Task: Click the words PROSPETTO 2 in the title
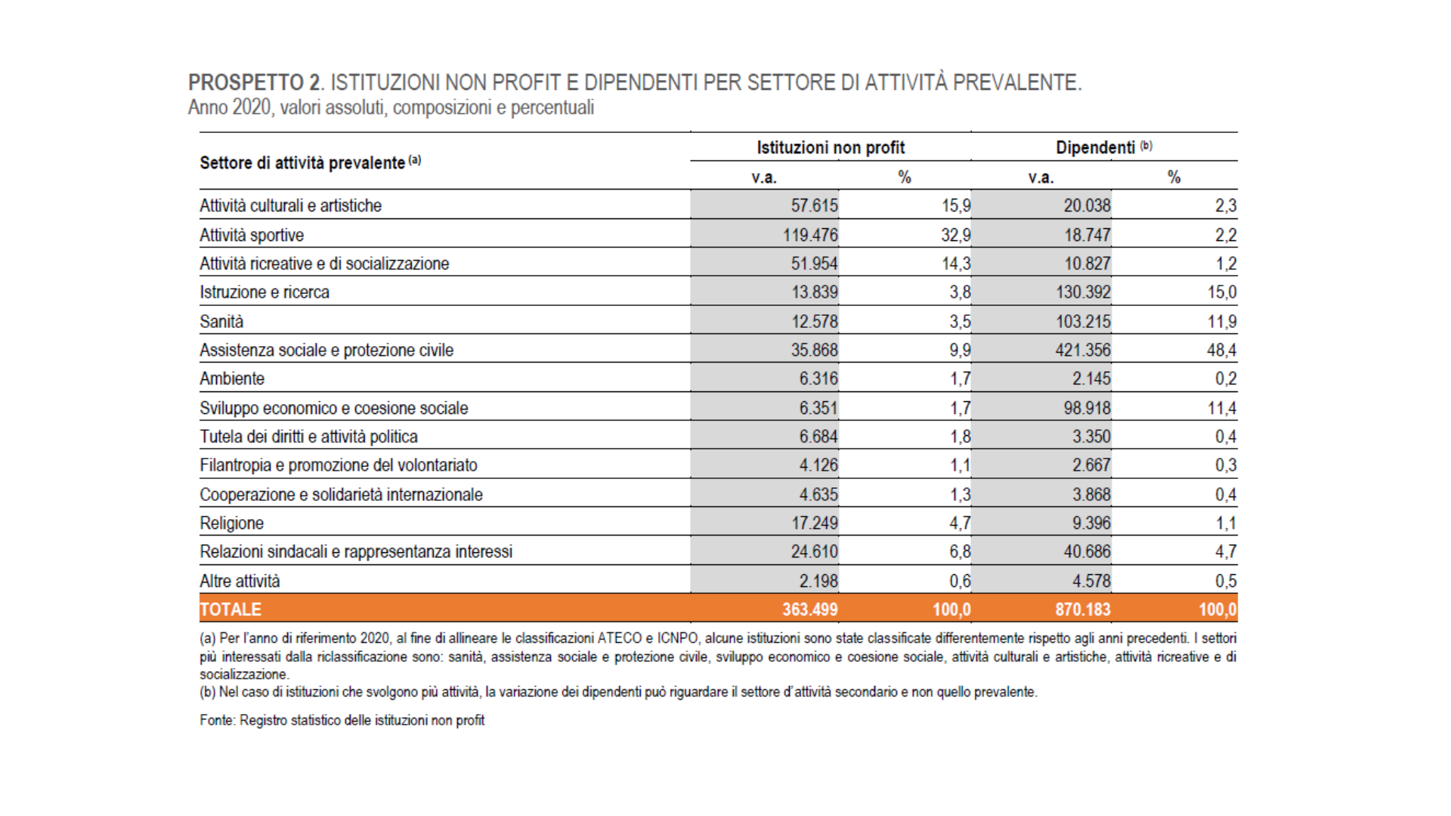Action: click(255, 82)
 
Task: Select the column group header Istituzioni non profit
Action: click(831, 147)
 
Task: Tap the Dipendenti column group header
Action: click(1096, 147)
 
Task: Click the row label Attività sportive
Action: click(252, 235)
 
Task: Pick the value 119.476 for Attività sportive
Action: click(810, 235)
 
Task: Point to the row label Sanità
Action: click(221, 321)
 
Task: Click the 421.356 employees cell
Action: click(1083, 350)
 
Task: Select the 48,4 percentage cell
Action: click(1222, 350)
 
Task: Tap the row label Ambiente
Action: click(232, 379)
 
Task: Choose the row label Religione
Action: click(232, 523)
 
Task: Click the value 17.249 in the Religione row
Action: click(815, 523)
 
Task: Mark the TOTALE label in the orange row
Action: click(230, 609)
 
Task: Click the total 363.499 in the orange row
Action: click(810, 609)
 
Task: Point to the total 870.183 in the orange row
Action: click(1083, 609)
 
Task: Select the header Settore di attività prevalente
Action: click(302, 162)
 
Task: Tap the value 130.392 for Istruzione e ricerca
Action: click(1083, 292)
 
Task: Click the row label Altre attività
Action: click(240, 581)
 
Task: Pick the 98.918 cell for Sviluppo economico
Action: click(1087, 408)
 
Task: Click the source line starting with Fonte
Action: click(342, 720)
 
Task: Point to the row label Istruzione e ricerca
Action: click(265, 292)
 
